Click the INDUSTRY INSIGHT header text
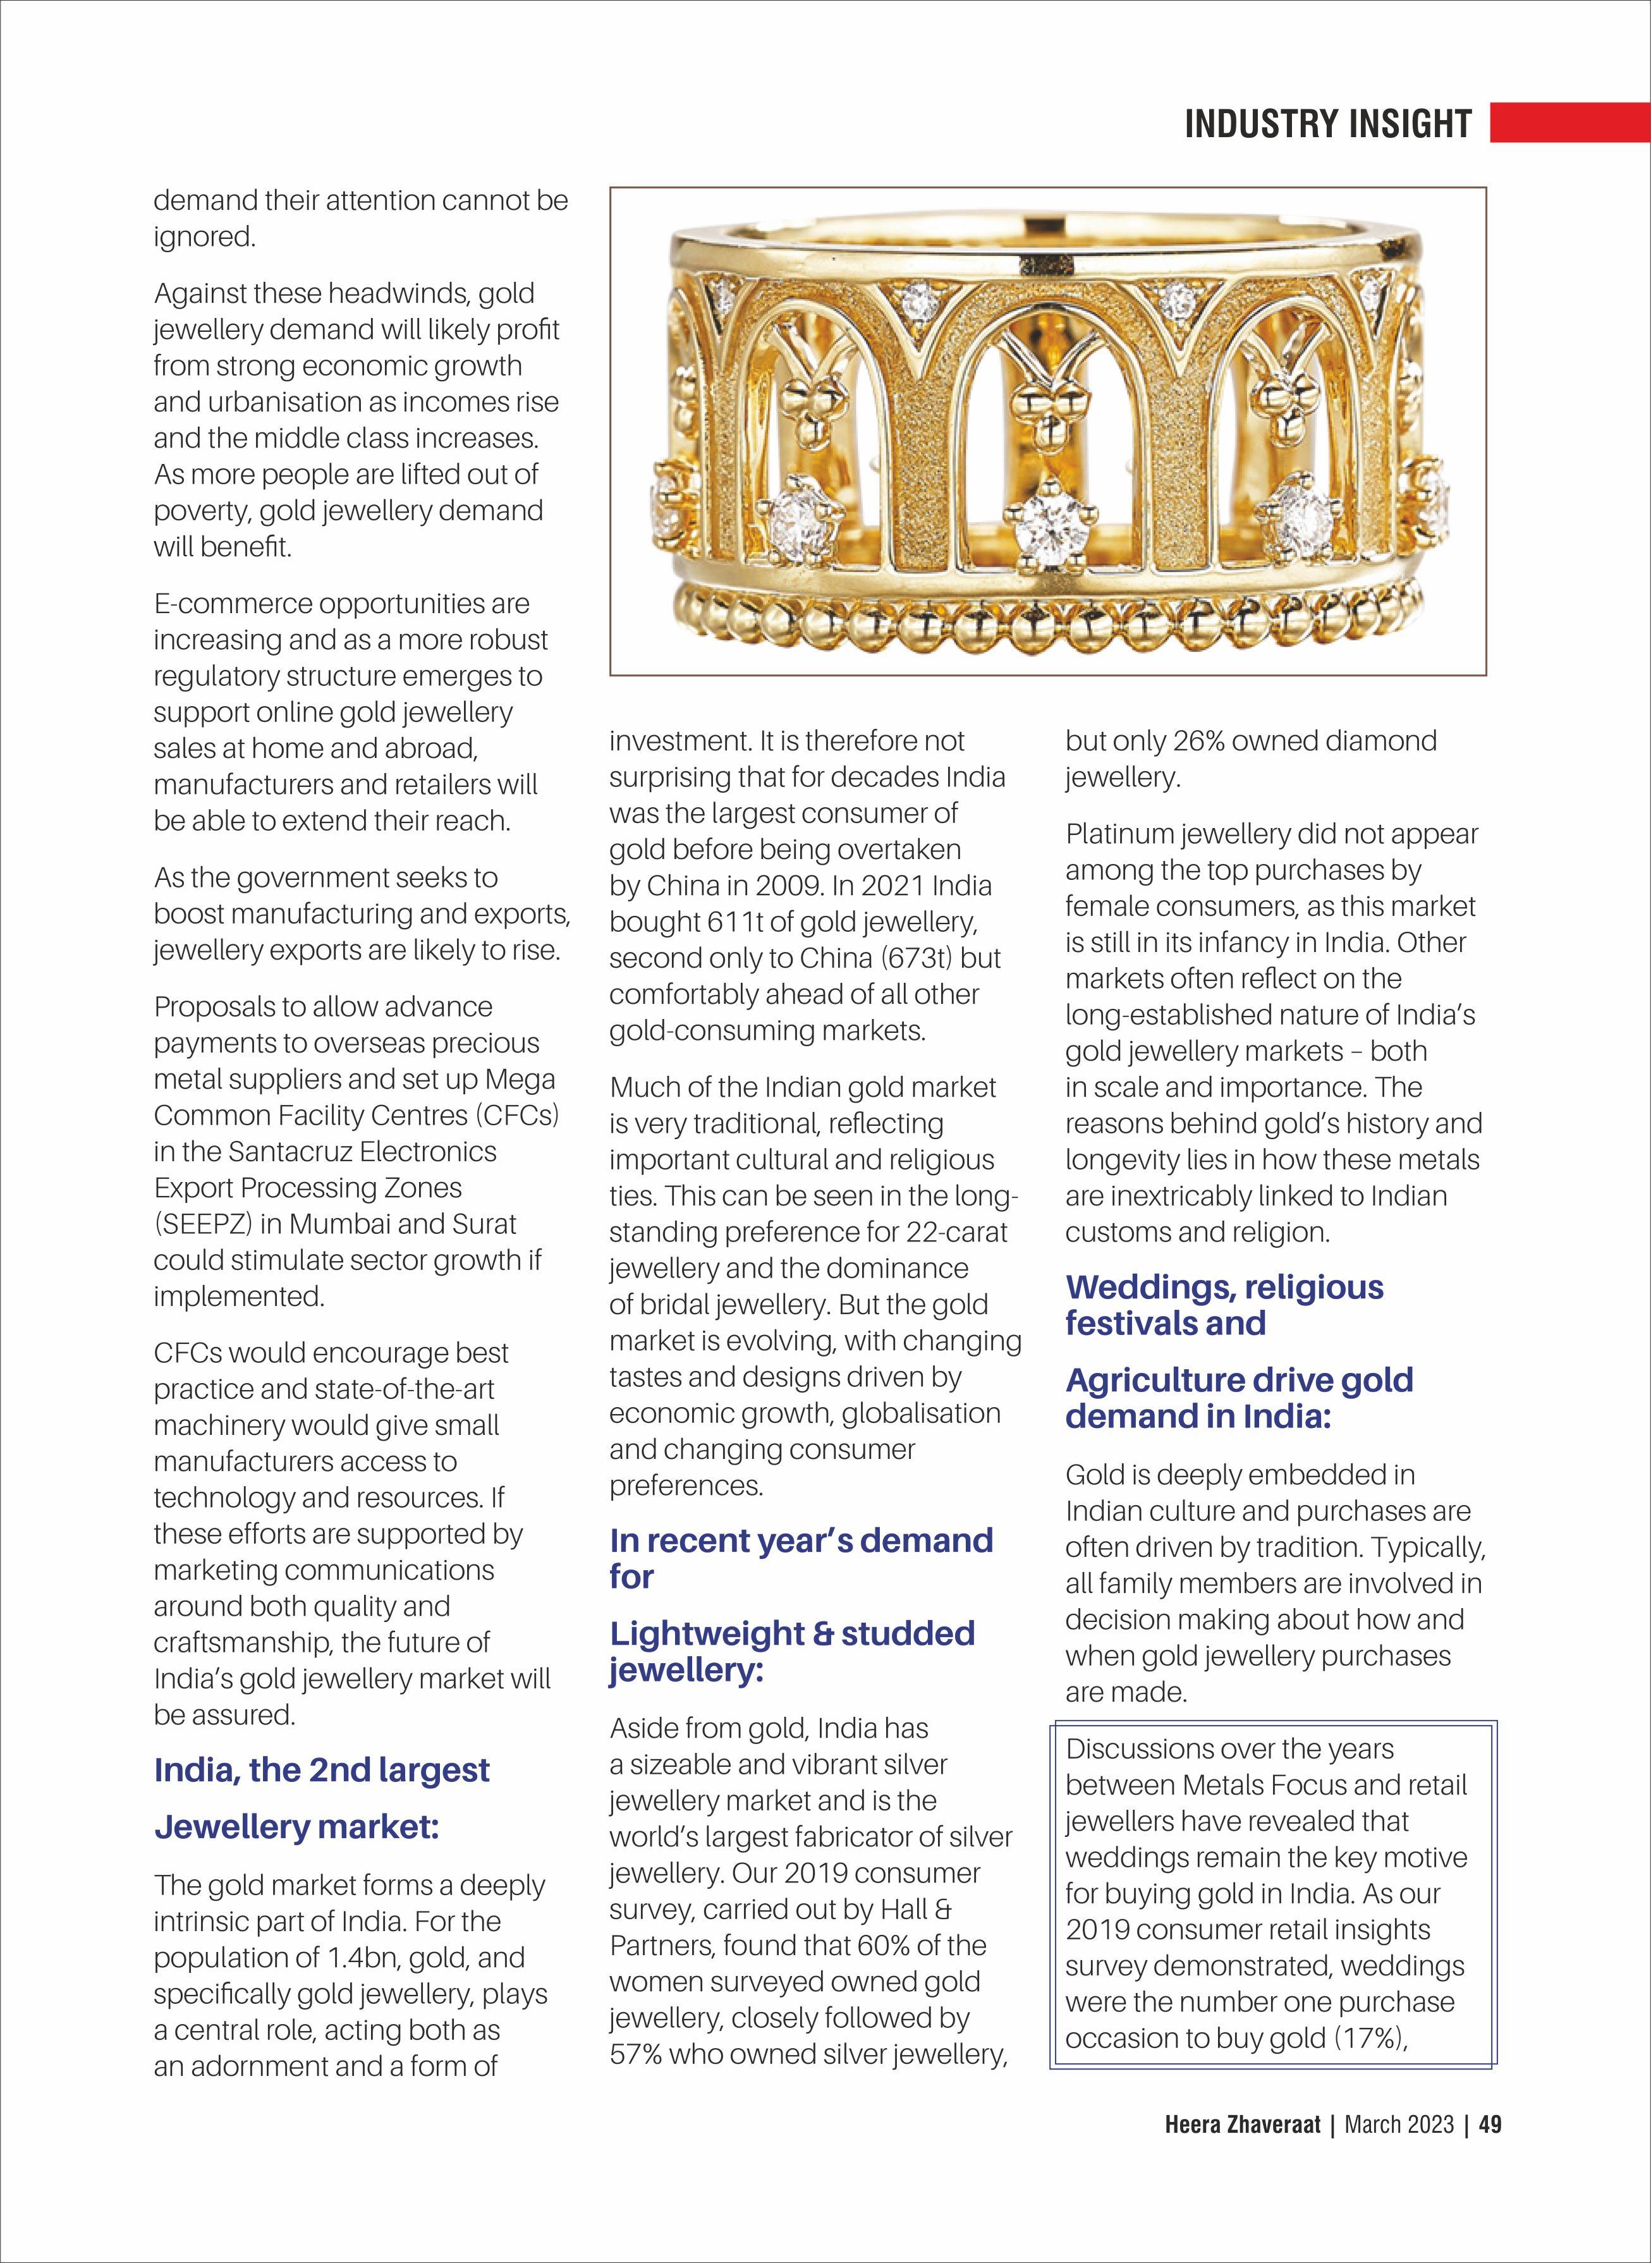1327,124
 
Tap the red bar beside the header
1569,122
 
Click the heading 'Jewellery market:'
297,1827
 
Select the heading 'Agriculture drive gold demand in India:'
1240,1398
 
